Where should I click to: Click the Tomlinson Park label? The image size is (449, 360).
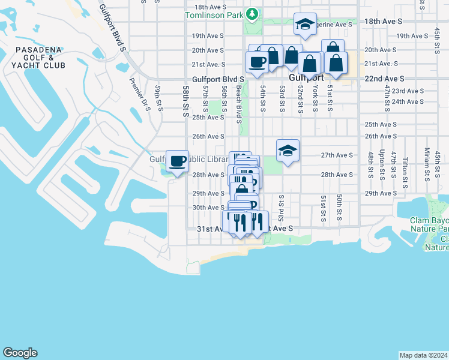(x=215, y=14)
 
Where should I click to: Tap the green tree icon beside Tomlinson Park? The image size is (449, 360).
(x=253, y=14)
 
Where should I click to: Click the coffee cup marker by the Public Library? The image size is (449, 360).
(x=178, y=161)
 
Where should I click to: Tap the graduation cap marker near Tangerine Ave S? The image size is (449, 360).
(x=305, y=25)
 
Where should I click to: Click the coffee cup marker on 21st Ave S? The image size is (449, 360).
(x=257, y=62)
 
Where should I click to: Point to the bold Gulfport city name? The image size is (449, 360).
(x=306, y=78)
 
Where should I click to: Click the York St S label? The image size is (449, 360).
(x=315, y=98)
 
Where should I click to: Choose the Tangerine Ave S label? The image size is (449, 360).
(x=331, y=25)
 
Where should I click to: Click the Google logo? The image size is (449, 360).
(x=20, y=353)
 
